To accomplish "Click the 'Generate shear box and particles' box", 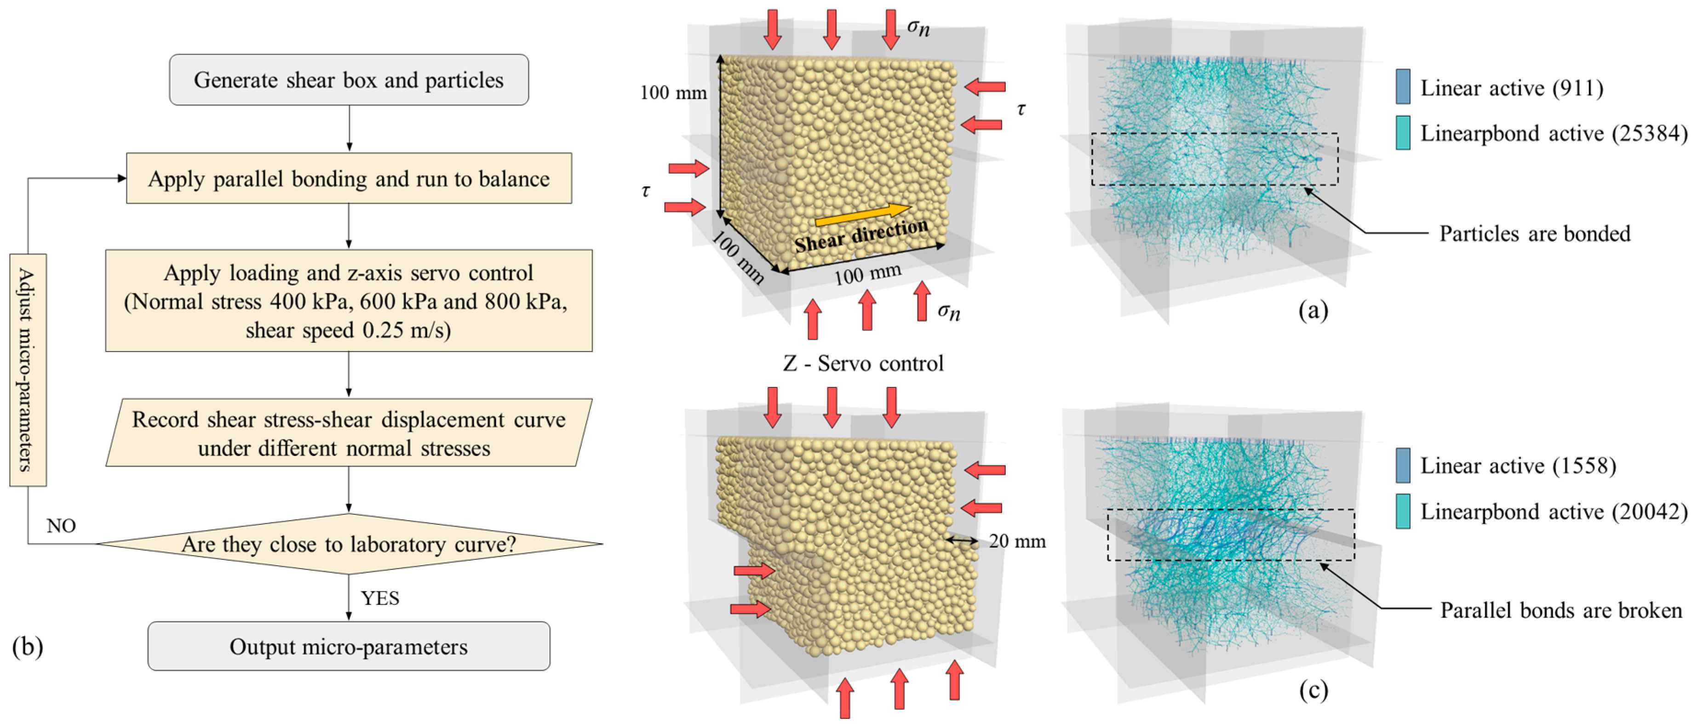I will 349,80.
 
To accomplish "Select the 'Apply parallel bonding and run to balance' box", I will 349,178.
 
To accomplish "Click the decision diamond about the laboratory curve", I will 349,544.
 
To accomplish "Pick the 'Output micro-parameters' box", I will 349,646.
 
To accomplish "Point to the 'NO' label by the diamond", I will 61,526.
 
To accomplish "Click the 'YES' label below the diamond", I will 380,598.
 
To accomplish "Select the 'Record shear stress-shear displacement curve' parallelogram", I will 349,433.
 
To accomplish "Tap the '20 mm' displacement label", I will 1017,541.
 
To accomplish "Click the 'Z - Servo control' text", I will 863,363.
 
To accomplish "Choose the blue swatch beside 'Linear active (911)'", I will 1403,86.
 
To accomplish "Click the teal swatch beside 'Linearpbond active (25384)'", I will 1403,132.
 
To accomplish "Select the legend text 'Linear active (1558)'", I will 1518,466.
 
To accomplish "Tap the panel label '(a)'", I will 1313,310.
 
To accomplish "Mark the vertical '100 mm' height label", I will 673,93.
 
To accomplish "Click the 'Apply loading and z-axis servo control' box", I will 349,301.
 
